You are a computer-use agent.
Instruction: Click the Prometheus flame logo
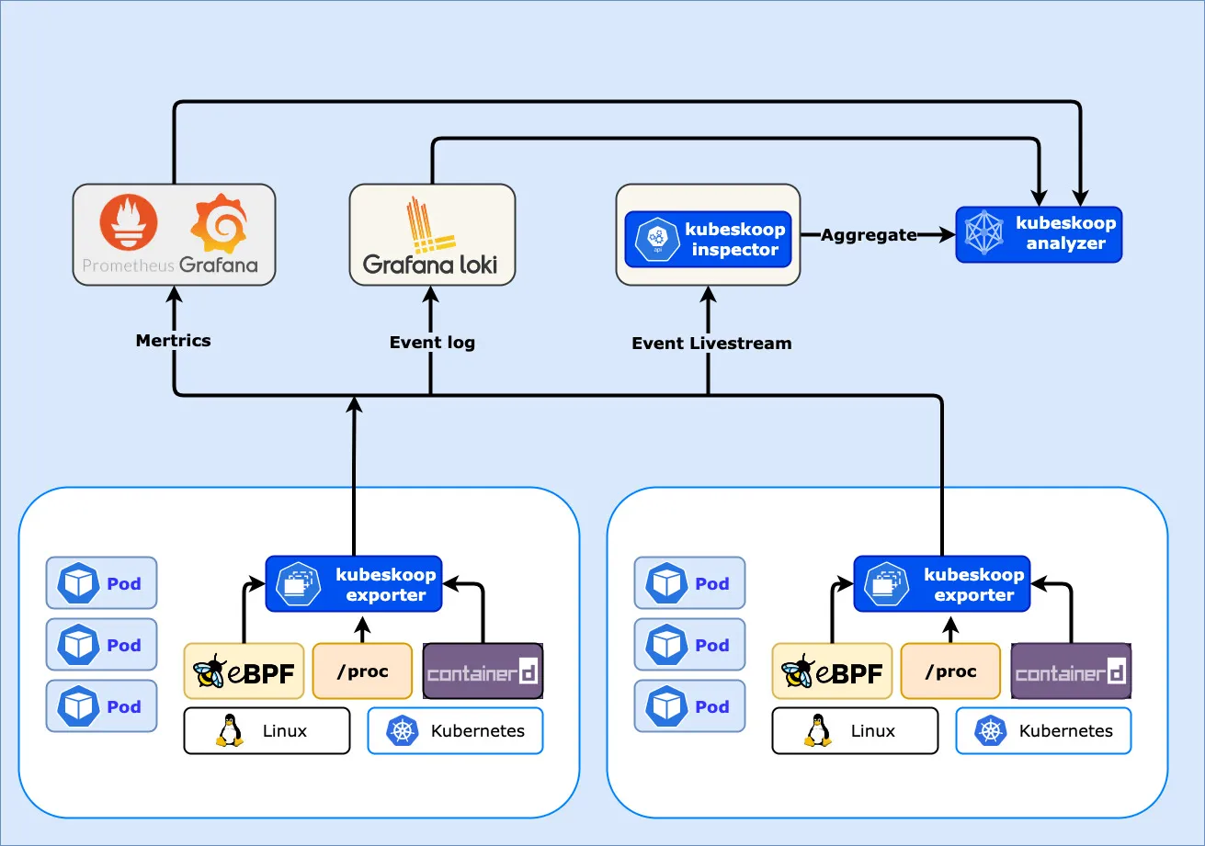point(129,222)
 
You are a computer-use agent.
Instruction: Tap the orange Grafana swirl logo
point(219,223)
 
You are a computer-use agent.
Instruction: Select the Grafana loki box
point(432,234)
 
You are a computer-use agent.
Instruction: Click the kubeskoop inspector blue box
point(708,239)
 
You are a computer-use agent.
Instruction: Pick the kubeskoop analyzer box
point(1039,234)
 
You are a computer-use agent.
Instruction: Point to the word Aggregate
point(869,235)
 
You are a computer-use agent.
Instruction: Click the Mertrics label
point(173,340)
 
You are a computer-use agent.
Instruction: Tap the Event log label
point(433,343)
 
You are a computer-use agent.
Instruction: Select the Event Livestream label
point(711,343)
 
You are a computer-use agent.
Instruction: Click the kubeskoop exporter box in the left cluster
point(354,583)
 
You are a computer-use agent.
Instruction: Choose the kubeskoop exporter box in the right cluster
point(942,583)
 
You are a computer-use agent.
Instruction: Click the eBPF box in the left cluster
point(244,671)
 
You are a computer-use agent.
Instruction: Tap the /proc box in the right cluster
point(950,671)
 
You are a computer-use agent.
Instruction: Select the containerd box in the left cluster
point(483,671)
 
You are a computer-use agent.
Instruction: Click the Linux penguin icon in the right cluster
point(818,730)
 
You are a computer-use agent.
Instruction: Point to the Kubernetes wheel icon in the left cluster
point(403,730)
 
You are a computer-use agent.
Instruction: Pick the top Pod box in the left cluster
point(102,582)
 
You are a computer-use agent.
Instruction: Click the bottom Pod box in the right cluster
point(689,705)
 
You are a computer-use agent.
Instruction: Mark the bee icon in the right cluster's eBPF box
point(798,671)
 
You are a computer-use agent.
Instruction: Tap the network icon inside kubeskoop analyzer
point(983,232)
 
